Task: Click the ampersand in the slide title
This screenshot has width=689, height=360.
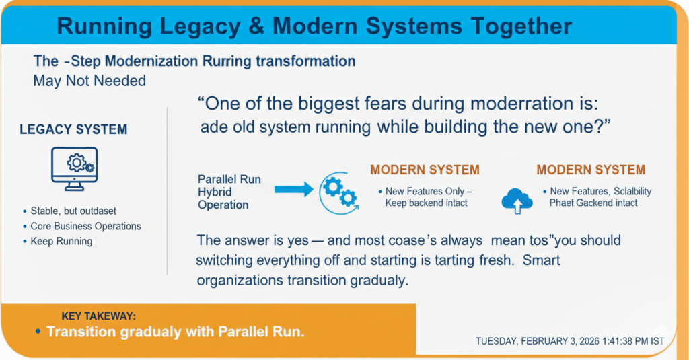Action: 256,26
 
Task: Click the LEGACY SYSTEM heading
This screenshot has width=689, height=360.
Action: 73,129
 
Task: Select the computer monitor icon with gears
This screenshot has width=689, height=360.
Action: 74,169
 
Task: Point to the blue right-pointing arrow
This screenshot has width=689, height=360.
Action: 294,190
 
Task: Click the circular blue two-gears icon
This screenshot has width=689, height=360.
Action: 339,193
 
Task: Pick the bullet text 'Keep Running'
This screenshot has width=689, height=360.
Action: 61,241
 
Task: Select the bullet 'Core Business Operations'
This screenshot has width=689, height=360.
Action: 85,226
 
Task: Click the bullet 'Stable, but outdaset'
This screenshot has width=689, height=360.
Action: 73,211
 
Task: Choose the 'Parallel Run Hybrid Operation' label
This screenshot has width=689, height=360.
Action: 229,192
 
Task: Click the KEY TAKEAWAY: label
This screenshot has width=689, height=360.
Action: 98,316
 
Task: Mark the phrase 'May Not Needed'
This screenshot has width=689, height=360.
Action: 89,81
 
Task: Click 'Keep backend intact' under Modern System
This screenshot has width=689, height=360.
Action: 426,203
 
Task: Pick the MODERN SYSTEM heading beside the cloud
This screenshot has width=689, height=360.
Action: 591,170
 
